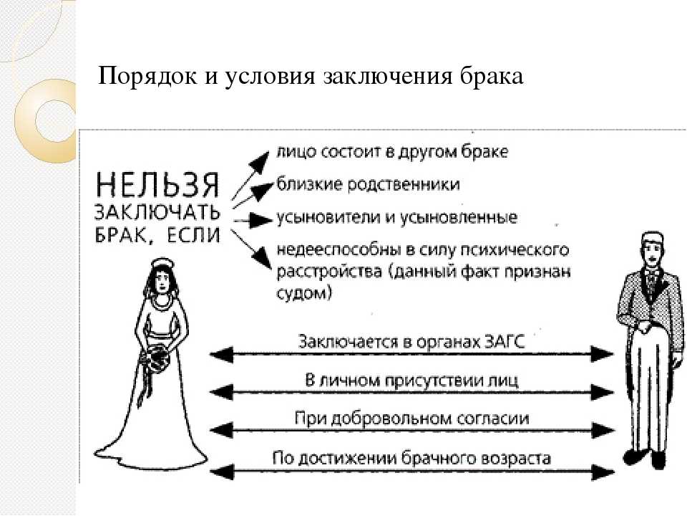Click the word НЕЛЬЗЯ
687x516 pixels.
tap(157, 185)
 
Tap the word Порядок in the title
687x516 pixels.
tap(147, 77)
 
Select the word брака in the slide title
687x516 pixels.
tap(492, 76)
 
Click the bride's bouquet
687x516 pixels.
tap(155, 360)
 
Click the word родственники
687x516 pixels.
tap(404, 184)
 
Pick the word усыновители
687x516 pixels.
tap(328, 217)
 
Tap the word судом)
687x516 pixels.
tap(303, 292)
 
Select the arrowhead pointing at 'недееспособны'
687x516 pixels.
tap(262, 257)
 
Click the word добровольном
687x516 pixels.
tap(389, 418)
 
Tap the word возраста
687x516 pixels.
tap(515, 459)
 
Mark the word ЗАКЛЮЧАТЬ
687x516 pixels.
tap(157, 212)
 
